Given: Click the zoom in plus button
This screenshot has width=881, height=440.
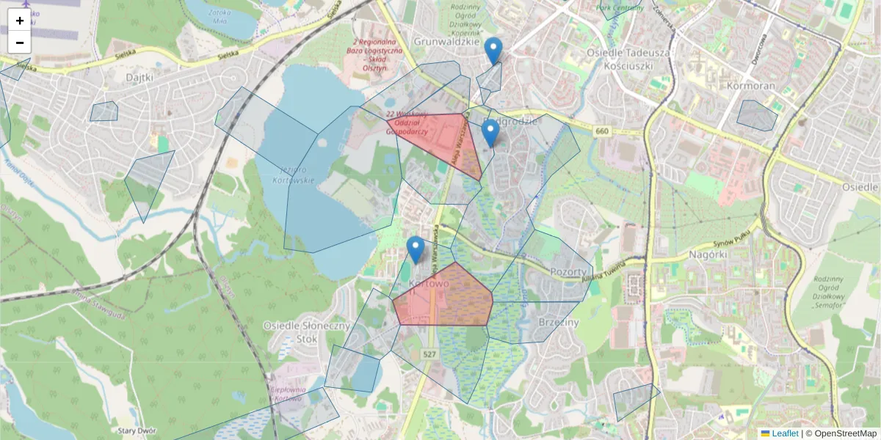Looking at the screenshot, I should point(20,21).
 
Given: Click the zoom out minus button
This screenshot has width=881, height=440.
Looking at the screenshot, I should point(20,43).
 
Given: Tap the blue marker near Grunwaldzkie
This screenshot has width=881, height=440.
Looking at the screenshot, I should point(494,51).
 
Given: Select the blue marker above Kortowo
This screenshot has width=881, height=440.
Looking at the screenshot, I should point(416,249).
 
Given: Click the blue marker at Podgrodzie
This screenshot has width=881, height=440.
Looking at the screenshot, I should point(490,133).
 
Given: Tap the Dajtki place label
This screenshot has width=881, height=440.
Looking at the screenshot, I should point(139,76).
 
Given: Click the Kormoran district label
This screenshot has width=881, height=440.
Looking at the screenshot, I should point(751,86).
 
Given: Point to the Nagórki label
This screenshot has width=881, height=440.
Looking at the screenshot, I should point(708,254).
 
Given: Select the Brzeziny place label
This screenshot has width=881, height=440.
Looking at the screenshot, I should point(558,322).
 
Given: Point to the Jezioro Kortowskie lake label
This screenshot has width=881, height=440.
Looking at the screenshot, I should point(293,175).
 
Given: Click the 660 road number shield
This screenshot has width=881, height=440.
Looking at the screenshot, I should point(602,131).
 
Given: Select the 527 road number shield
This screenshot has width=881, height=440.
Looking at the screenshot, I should point(429,354).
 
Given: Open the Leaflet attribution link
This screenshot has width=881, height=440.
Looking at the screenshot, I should point(784,433).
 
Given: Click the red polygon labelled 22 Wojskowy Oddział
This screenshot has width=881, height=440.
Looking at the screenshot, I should point(440,139).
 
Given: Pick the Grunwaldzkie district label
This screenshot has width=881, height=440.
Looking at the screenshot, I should point(446,42).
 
